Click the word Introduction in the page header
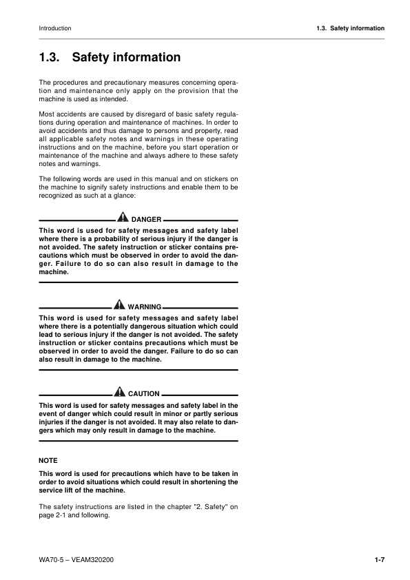point(55,28)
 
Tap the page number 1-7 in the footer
point(379,559)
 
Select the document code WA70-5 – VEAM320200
point(76,559)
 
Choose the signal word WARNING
point(145,306)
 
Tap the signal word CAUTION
point(143,393)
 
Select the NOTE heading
point(48,459)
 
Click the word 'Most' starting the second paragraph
point(48,111)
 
